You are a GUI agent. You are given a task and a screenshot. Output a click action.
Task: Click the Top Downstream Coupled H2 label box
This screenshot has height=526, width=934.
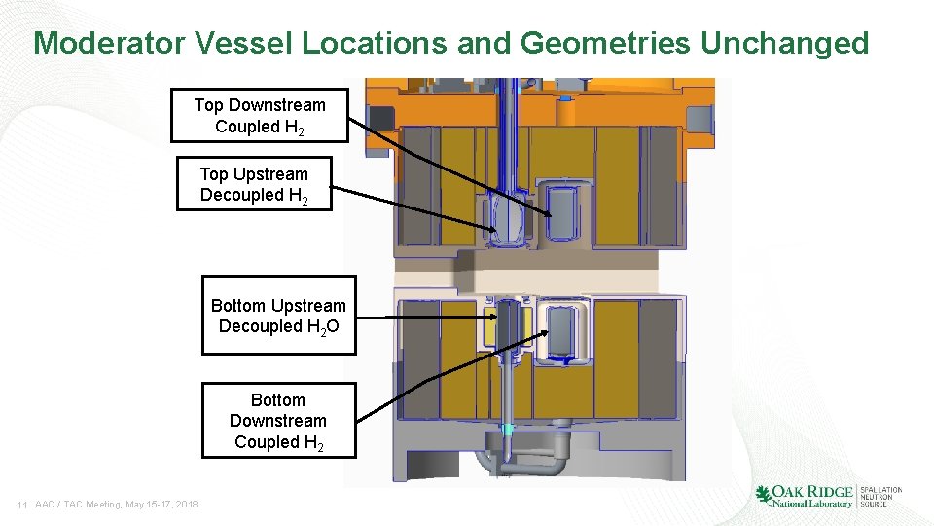tap(259, 116)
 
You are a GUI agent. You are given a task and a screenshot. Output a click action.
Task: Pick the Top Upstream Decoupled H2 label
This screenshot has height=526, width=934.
tap(254, 184)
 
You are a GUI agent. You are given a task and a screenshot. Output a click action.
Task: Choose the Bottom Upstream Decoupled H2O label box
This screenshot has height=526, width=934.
tap(278, 316)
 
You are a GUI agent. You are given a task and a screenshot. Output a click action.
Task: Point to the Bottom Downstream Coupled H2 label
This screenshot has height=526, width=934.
tap(278, 421)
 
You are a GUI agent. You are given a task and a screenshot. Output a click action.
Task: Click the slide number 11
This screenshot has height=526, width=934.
tap(21, 505)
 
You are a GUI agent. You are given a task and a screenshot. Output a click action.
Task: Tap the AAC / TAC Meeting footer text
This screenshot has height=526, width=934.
tap(117, 505)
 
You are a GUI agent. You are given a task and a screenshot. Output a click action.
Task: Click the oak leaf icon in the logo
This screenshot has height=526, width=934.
tap(764, 495)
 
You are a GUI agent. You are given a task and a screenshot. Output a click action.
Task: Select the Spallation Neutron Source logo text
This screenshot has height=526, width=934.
tap(880, 496)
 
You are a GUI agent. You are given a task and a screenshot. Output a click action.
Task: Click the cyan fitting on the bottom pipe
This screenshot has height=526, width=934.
tap(506, 430)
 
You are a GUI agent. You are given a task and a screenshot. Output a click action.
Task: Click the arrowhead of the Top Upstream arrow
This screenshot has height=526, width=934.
tap(492, 228)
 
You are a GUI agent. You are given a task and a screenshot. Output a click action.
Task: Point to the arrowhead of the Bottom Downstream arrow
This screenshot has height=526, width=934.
tap(540, 335)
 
